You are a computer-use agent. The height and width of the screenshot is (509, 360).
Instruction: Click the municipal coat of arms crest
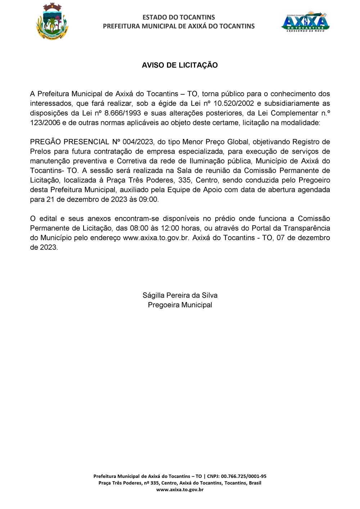(x=52, y=22)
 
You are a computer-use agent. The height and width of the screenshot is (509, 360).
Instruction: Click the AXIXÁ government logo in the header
(x=305, y=22)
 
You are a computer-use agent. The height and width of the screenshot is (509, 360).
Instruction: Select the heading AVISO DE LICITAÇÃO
(x=180, y=65)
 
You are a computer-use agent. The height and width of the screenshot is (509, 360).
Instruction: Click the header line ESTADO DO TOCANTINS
(x=179, y=17)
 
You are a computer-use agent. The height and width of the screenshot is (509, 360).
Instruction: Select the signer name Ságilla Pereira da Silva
(x=180, y=295)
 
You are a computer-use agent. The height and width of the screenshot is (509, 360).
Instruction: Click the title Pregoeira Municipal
(x=180, y=305)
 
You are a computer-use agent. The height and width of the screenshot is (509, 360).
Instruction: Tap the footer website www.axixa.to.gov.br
(x=180, y=490)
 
